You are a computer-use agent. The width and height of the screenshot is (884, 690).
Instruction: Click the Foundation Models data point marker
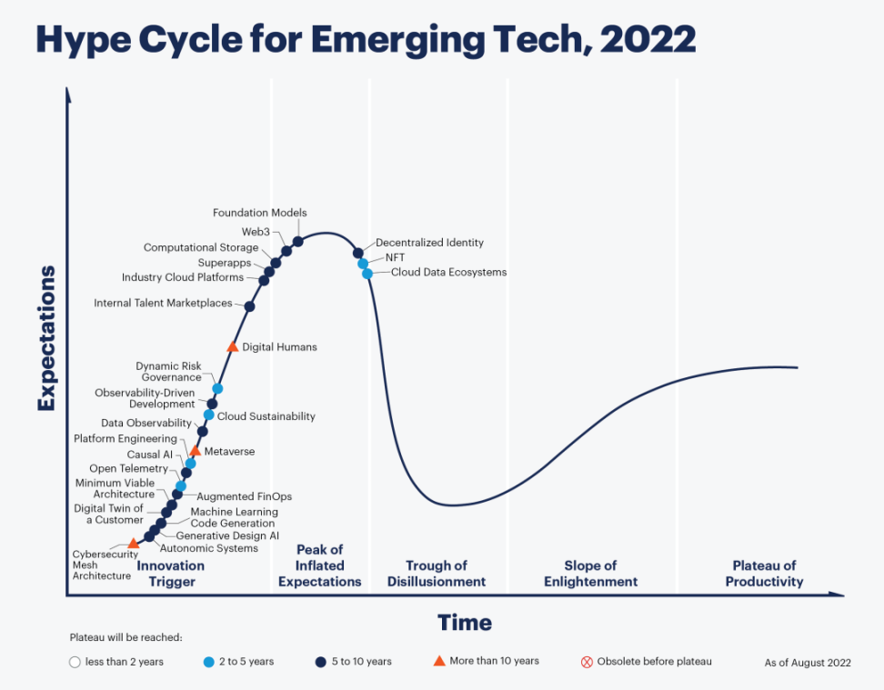[x=297, y=241]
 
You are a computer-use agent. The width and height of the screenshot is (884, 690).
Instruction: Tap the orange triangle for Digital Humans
[x=232, y=346]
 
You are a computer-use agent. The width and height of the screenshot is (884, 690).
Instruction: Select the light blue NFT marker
[x=363, y=264]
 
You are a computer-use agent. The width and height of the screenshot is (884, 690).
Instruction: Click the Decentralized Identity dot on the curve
[x=358, y=253]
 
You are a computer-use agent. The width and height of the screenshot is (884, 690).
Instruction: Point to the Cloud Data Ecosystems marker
[x=367, y=274]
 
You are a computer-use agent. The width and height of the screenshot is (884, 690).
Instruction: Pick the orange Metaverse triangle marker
[x=195, y=450]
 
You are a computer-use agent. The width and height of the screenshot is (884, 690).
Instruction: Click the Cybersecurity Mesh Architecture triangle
[x=133, y=544]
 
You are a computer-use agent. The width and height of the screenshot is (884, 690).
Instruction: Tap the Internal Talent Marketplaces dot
[x=249, y=306]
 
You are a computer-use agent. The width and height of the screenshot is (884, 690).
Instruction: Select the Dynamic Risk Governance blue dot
[x=217, y=388]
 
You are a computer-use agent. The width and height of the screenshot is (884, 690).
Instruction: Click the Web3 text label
[x=256, y=232]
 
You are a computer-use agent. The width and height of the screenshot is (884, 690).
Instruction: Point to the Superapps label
[x=225, y=263]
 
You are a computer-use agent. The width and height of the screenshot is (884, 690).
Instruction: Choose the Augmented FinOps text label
[x=244, y=496]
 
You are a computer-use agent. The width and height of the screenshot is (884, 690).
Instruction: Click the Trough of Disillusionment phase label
[x=437, y=574]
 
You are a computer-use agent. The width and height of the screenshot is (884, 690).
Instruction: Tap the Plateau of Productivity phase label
[x=764, y=574]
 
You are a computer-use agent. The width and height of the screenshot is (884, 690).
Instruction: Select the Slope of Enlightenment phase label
[x=590, y=574]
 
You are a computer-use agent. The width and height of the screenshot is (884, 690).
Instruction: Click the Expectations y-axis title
[x=46, y=338]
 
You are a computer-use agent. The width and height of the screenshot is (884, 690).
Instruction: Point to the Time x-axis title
[x=465, y=623]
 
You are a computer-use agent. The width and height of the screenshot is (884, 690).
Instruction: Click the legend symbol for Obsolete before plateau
[x=587, y=662]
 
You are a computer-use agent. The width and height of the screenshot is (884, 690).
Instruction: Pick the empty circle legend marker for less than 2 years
[x=75, y=662]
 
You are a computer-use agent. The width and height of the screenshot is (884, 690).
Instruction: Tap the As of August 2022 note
[x=808, y=663]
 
